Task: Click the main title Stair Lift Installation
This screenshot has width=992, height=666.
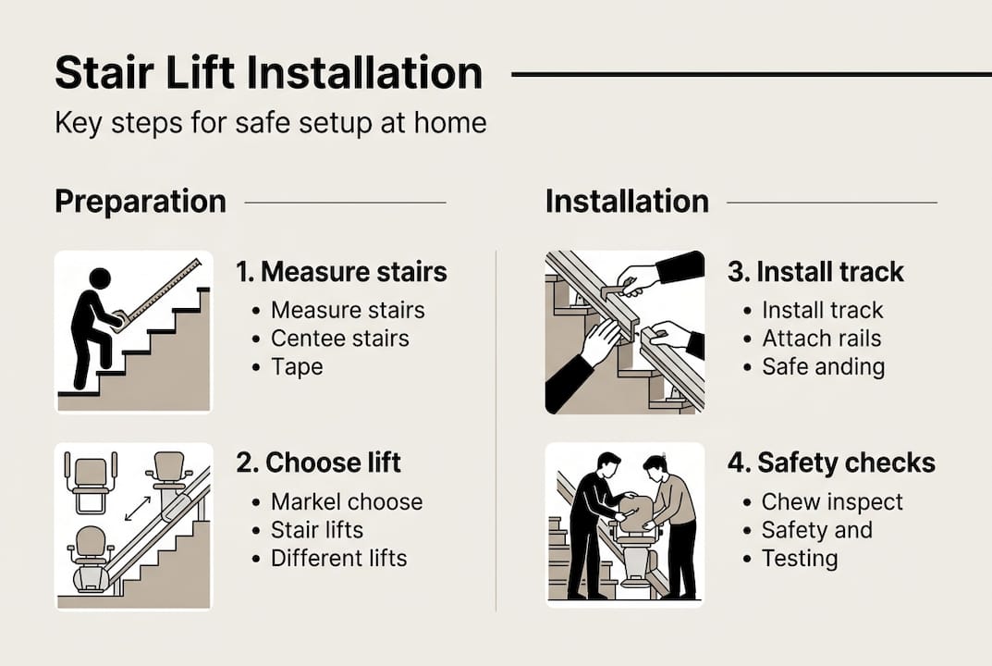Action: [x=268, y=74]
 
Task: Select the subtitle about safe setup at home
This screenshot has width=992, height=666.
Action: [x=270, y=123]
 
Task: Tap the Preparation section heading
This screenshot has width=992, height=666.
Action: [x=140, y=202]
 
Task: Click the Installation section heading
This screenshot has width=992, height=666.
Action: [x=626, y=202]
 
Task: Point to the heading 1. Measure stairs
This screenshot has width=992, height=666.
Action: [x=341, y=272]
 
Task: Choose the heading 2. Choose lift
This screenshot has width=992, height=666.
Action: [x=318, y=462]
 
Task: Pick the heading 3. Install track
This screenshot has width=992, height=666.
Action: [x=814, y=272]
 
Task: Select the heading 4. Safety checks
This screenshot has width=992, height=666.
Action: [x=831, y=462]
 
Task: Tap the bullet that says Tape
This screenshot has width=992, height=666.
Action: [x=297, y=366]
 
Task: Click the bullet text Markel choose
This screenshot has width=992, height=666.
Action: [x=347, y=502]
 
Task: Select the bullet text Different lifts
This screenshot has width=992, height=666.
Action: [x=338, y=559]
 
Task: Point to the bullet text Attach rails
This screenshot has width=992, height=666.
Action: [x=821, y=339]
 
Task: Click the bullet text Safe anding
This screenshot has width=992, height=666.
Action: [x=823, y=366]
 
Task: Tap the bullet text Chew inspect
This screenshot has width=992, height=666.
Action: [x=832, y=502]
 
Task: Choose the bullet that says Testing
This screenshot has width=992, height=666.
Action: [x=800, y=559]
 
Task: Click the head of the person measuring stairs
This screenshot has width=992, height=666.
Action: [x=99, y=278]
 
